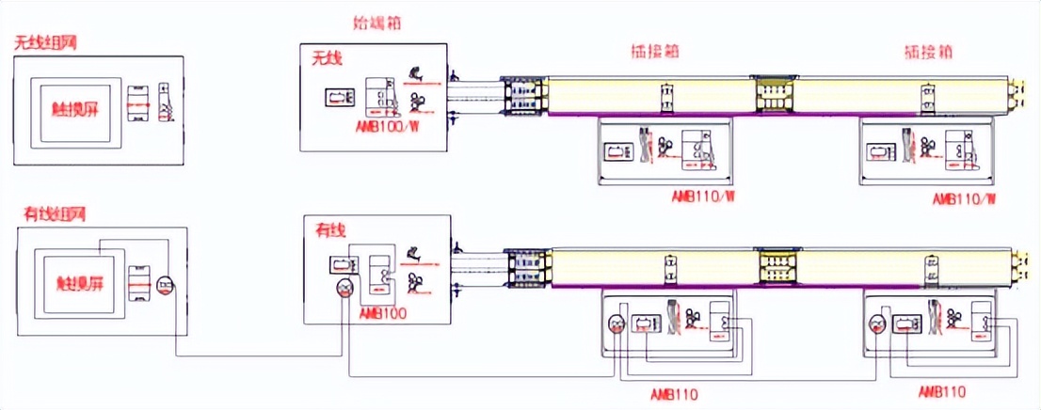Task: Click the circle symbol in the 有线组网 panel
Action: (x=166, y=285)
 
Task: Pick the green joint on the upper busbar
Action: (x=773, y=92)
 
